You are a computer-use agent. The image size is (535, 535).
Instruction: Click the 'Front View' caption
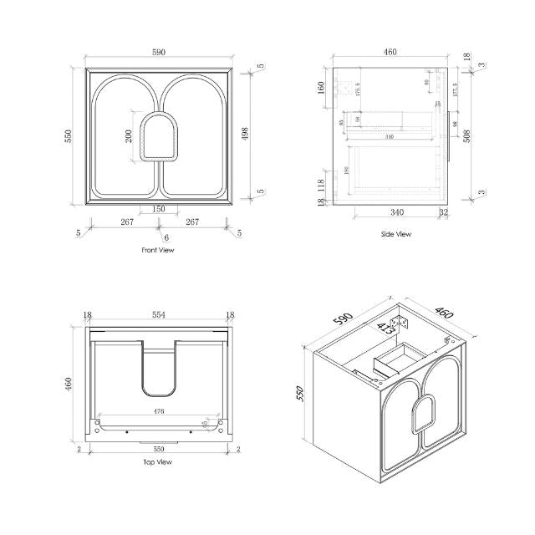(x=158, y=250)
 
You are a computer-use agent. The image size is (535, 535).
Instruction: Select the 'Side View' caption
(x=395, y=234)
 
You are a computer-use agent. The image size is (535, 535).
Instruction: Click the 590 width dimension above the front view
(x=159, y=52)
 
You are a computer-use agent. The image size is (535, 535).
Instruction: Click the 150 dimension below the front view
(x=158, y=209)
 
